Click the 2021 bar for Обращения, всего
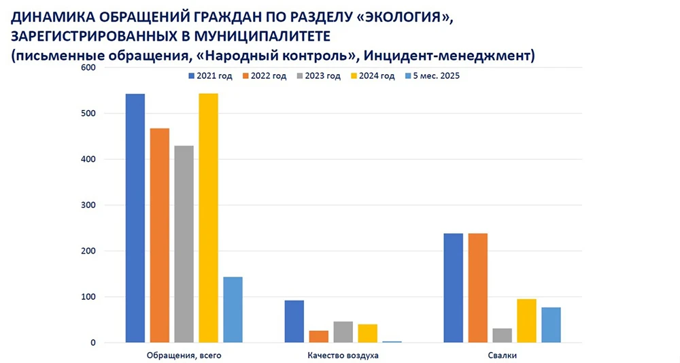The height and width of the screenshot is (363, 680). coord(135,218)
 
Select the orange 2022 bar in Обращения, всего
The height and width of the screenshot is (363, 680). coord(159,235)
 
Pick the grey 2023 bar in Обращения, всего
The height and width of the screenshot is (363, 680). coord(184,244)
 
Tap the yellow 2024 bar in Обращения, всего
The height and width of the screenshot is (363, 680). coord(208,218)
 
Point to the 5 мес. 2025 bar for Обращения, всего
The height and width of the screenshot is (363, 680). coord(233,310)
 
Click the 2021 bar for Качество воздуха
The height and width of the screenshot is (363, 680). coord(294,322)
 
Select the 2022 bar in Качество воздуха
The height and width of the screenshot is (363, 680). coord(318,336)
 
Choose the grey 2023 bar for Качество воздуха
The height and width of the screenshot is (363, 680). coord(343,332)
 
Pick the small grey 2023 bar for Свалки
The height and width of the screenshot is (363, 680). coord(502,336)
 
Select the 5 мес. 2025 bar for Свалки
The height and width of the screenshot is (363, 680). coord(551,325)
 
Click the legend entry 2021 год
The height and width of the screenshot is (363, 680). coord(210,76)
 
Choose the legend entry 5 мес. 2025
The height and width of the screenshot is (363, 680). coord(432,76)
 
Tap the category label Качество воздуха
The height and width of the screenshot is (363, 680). coord(343,356)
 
